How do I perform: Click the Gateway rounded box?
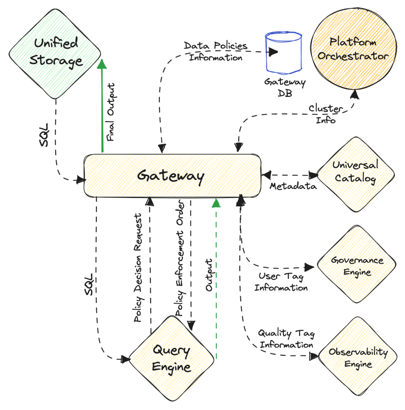pos(172,175)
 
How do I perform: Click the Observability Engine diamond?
pos(358,358)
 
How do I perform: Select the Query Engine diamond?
pos(171,358)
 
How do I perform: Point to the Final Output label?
pos(111,112)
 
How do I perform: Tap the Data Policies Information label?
pos(216,51)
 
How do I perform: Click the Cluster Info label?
pos(326,114)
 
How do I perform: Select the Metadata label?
pos(293,186)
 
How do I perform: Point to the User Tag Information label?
pos(281,282)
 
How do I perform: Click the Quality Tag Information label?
pos(286,339)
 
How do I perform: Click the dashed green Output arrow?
pos(216,280)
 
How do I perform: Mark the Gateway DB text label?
pos(285,88)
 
